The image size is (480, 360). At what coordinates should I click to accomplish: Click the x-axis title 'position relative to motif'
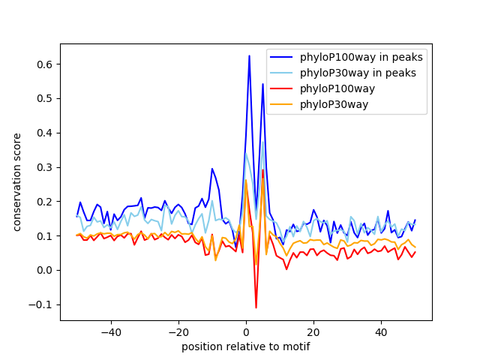(x=246, y=346)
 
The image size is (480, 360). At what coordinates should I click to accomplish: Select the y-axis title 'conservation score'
(x=17, y=182)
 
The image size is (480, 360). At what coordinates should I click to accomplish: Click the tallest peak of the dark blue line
(x=249, y=55)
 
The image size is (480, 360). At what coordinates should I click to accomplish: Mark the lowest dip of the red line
(x=256, y=307)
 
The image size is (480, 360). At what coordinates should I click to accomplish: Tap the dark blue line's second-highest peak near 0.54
(x=262, y=84)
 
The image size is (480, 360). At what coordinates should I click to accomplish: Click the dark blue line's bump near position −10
(x=212, y=169)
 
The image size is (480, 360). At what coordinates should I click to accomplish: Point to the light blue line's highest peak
(x=262, y=142)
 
